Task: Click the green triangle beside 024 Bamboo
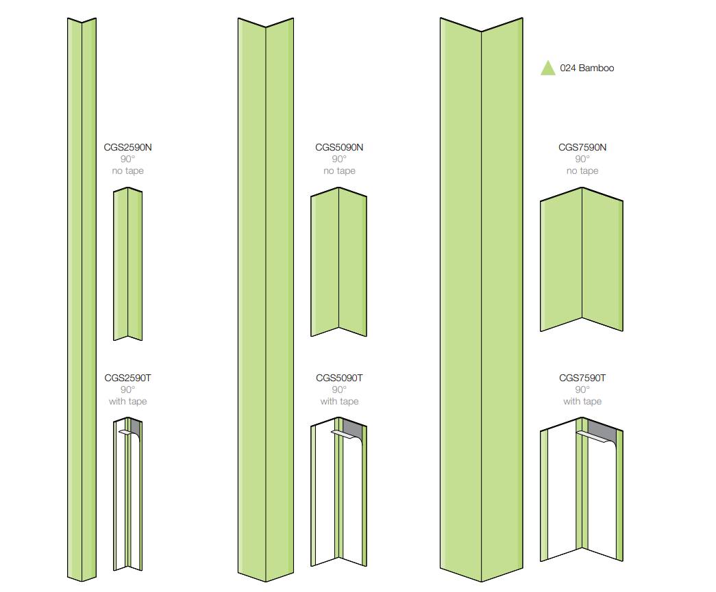pyautogui.click(x=547, y=68)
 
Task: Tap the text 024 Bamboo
pyautogui.click(x=587, y=68)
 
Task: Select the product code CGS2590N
pyautogui.click(x=127, y=147)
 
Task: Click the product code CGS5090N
pyautogui.click(x=339, y=147)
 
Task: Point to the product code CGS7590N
pyautogui.click(x=582, y=147)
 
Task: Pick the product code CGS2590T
pyautogui.click(x=127, y=378)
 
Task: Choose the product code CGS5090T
pyautogui.click(x=339, y=378)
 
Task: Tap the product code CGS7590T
pyautogui.click(x=582, y=378)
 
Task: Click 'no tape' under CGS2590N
pyautogui.click(x=127, y=171)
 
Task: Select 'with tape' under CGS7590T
pyautogui.click(x=582, y=402)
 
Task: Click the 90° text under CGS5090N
pyautogui.click(x=339, y=159)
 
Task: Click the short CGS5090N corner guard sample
pyautogui.click(x=338, y=263)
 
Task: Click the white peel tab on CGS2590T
pyautogui.click(x=125, y=433)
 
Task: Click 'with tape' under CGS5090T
pyautogui.click(x=339, y=402)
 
